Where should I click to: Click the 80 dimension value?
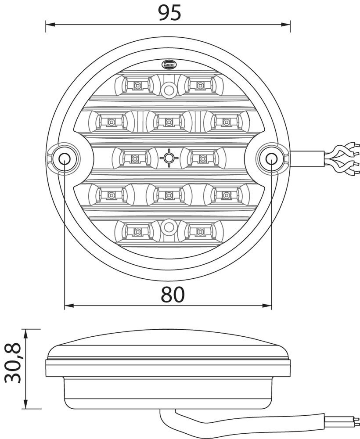(x=173, y=295)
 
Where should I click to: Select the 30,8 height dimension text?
(x=14, y=363)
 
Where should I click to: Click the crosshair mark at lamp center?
(x=168, y=157)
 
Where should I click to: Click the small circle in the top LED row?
(x=168, y=90)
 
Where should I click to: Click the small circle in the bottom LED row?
(x=168, y=228)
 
